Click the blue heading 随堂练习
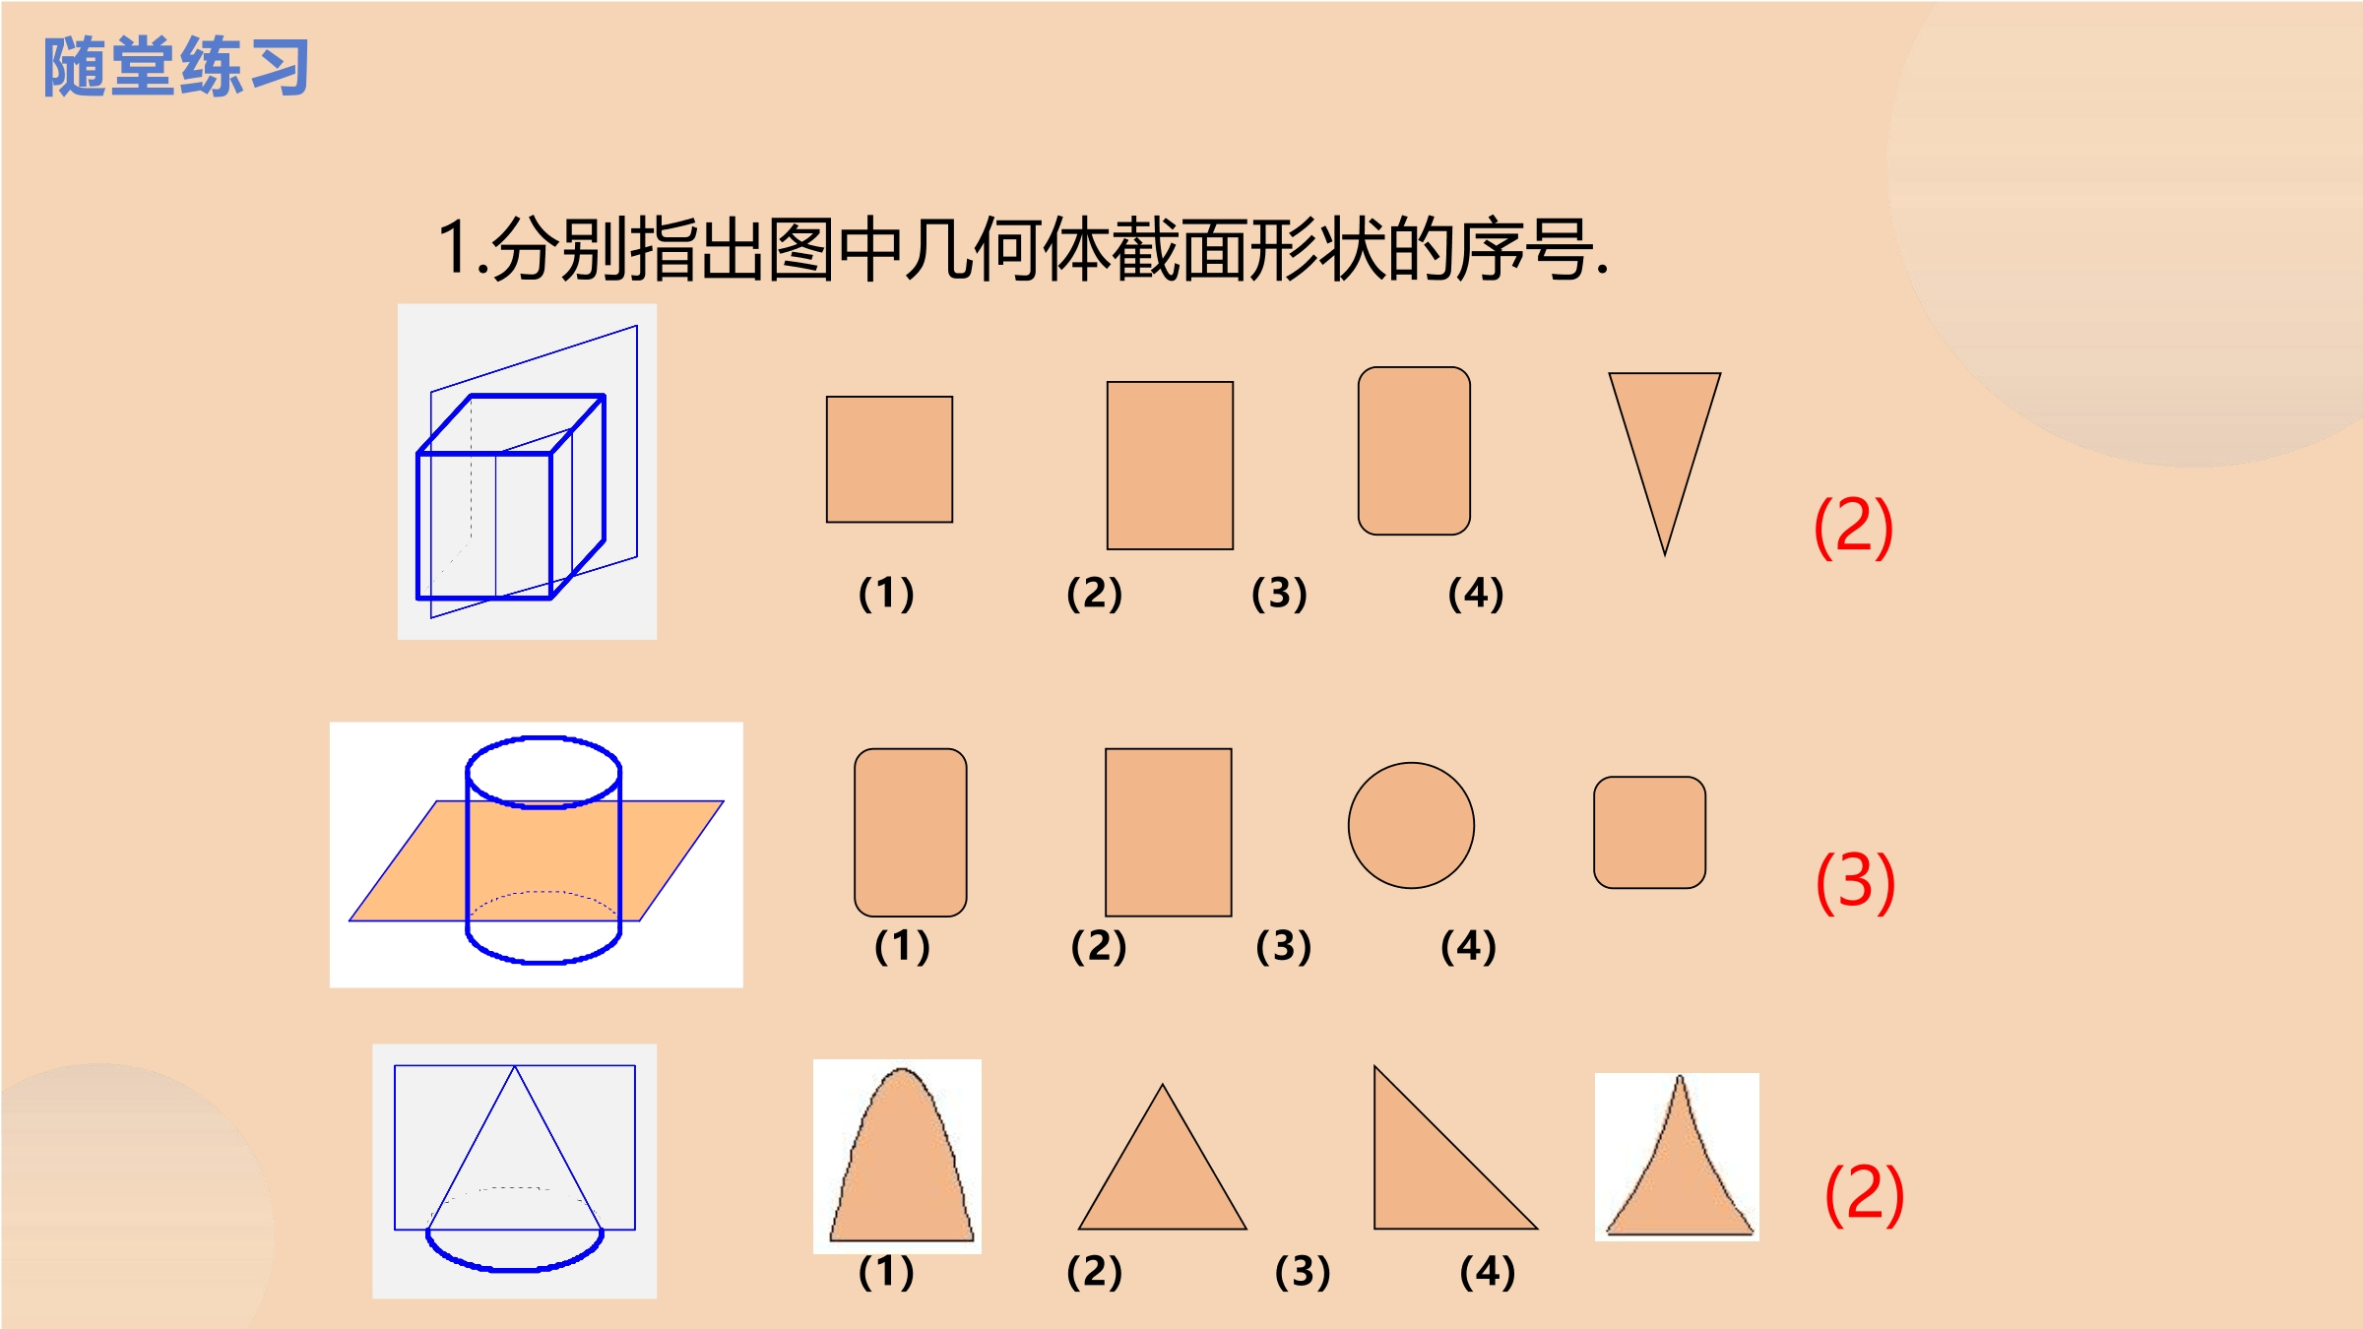[x=176, y=67]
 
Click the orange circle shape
[x=1411, y=825]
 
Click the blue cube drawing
[x=511, y=496]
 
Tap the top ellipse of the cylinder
[x=543, y=772]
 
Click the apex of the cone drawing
[x=514, y=1067]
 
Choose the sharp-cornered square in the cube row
[x=889, y=459]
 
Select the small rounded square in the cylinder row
[x=1649, y=832]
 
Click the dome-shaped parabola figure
[x=901, y=1155]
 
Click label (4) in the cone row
[x=1488, y=1271]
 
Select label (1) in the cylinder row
[x=902, y=946]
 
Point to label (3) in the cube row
[x=1279, y=593]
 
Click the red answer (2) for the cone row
[x=1864, y=1194]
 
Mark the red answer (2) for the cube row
[x=1853, y=527]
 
